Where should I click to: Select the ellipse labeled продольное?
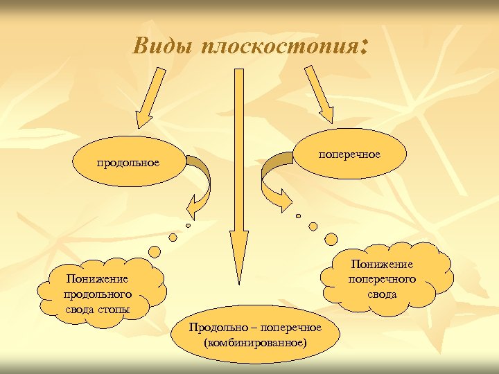128,162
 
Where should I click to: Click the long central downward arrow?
239,173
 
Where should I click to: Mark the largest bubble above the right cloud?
331,239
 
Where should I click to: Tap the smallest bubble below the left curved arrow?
187,225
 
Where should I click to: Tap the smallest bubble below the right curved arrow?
299,216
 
